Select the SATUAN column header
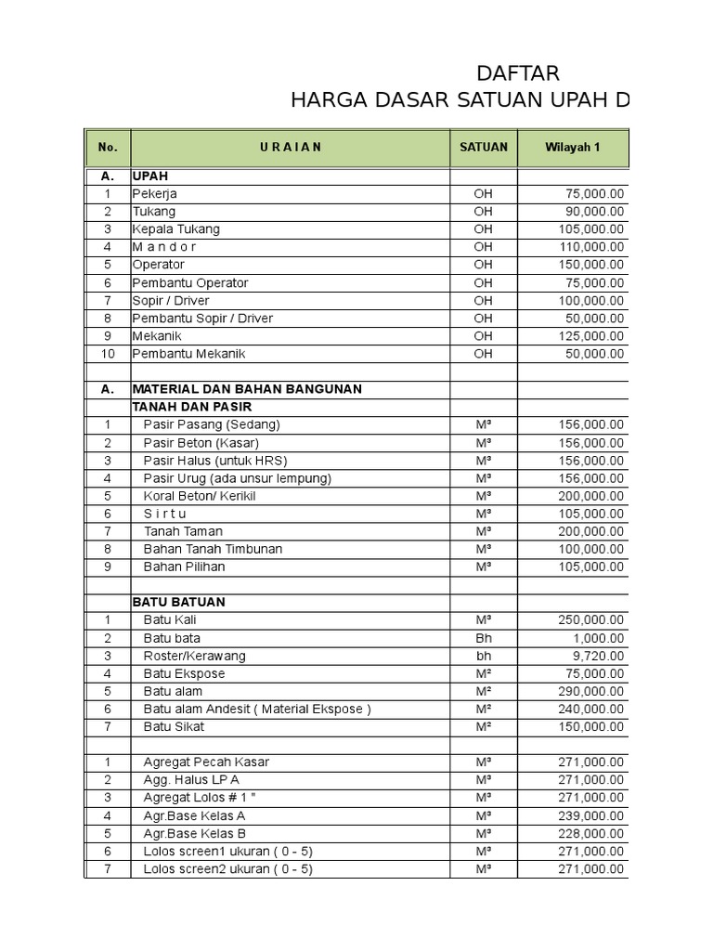click(484, 148)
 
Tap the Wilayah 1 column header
click(573, 148)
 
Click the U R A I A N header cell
click(291, 148)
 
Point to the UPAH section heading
click(150, 176)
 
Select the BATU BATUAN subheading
click(179, 602)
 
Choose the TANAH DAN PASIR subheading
click(192, 407)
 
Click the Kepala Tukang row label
click(176, 229)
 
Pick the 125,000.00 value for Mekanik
click(590, 336)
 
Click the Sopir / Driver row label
click(171, 301)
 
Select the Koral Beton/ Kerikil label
click(200, 496)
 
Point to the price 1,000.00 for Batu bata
click(598, 638)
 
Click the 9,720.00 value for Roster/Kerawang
click(598, 656)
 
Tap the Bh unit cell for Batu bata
click(484, 638)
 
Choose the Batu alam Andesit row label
click(257, 709)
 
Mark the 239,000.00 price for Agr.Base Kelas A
click(590, 815)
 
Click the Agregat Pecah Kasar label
click(205, 762)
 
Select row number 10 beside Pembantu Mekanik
click(108, 354)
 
